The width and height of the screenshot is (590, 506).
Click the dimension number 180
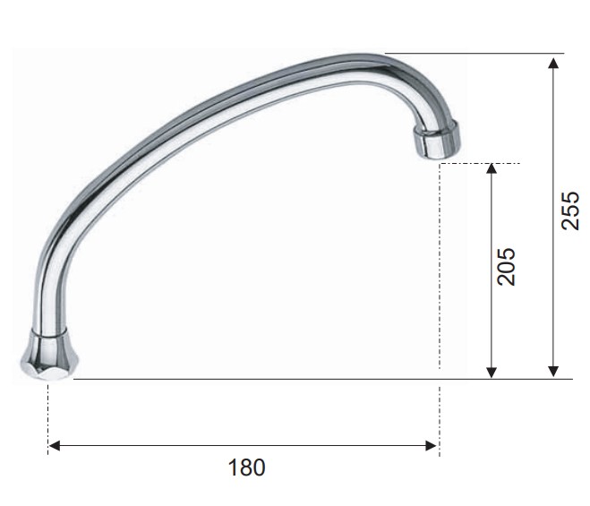(x=246, y=467)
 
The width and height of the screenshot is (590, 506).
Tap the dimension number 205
(x=506, y=266)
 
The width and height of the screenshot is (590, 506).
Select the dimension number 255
(x=569, y=210)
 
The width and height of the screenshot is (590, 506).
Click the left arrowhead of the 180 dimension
(x=55, y=446)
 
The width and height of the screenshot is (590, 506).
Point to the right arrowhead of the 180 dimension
(x=431, y=446)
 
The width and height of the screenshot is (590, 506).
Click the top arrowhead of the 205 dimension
(x=491, y=168)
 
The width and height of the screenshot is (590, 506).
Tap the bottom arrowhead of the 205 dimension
(x=491, y=373)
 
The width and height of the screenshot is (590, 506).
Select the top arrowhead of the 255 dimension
(x=553, y=63)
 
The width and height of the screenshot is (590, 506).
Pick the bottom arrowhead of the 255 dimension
(x=553, y=372)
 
